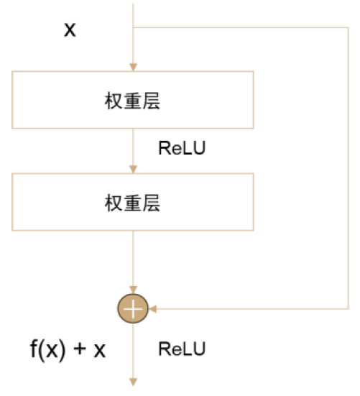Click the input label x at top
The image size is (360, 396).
(x=70, y=29)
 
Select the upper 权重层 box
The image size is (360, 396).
(x=133, y=100)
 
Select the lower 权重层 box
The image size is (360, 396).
(x=133, y=202)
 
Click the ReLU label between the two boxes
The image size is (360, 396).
(x=182, y=148)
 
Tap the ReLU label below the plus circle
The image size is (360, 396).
(x=182, y=349)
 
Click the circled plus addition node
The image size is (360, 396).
(x=133, y=308)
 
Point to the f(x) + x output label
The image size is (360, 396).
(x=68, y=349)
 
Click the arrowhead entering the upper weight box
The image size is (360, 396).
(x=134, y=67)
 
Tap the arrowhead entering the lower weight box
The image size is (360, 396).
(x=134, y=169)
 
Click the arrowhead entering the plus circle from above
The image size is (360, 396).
(x=134, y=290)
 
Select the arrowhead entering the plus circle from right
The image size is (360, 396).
(x=153, y=308)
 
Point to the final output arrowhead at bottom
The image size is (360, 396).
(x=134, y=382)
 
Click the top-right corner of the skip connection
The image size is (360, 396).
(x=349, y=27)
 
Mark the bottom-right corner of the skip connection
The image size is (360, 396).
(x=349, y=308)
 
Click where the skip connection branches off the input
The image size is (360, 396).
(x=134, y=27)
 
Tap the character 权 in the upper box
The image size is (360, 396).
(x=114, y=101)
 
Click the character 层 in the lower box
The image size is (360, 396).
(x=152, y=203)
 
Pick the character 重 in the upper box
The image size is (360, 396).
(x=133, y=101)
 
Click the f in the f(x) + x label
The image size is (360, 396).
(x=34, y=348)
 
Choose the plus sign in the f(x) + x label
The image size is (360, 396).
(x=80, y=349)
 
